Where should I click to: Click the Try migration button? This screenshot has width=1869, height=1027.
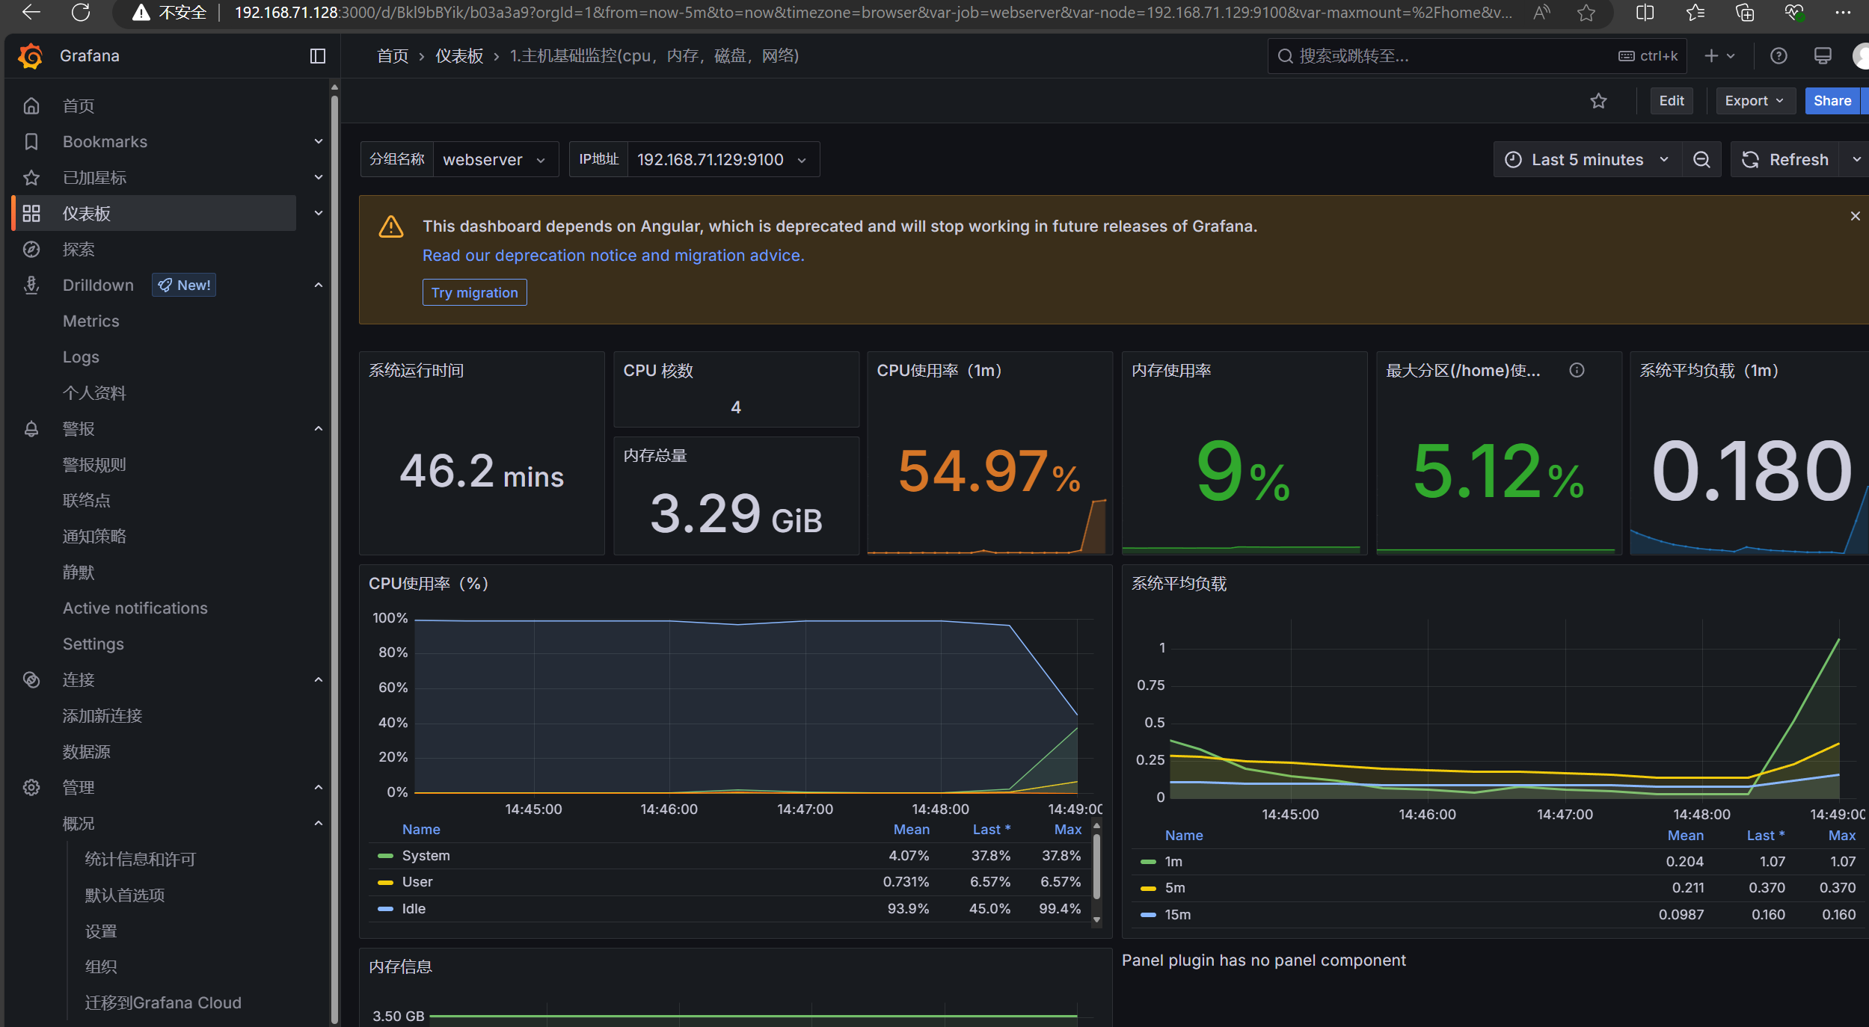click(x=474, y=292)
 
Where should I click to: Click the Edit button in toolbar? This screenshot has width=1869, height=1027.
click(x=1671, y=101)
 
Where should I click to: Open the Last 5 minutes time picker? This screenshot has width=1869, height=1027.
click(x=1587, y=159)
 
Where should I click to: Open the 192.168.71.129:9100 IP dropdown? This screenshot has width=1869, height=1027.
click(x=722, y=159)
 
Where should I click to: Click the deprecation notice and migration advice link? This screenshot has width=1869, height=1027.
click(x=613, y=256)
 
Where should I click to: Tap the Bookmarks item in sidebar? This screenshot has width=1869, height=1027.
click(x=105, y=142)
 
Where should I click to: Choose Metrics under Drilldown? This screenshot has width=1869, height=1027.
click(x=91, y=321)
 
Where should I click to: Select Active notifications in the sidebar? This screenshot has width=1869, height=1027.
click(x=135, y=608)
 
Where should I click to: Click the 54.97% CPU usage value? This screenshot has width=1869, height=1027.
click(x=989, y=471)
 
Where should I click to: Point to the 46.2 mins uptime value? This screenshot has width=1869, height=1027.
click(x=482, y=472)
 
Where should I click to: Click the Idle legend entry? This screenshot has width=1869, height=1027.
click(x=414, y=909)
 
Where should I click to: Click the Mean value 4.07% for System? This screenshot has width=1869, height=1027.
click(x=908, y=856)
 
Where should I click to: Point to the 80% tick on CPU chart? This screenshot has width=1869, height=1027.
click(x=393, y=653)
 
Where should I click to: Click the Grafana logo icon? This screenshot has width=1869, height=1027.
click(x=31, y=56)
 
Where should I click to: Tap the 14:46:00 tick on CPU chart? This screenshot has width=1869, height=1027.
click(x=669, y=809)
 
